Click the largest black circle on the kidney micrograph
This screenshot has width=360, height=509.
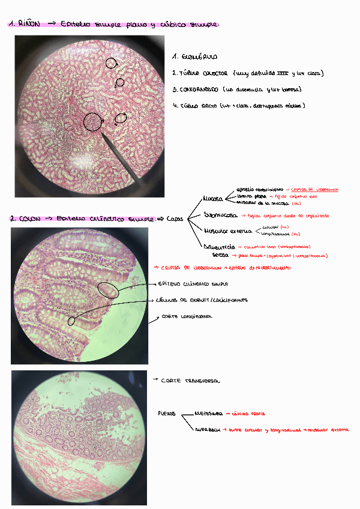pyautogui.click(x=93, y=122)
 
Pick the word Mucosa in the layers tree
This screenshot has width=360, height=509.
pyautogui.click(x=213, y=198)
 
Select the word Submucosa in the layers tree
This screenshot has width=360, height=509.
pyautogui.click(x=220, y=215)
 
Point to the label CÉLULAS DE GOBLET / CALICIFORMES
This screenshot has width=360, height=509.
pyautogui.click(x=202, y=300)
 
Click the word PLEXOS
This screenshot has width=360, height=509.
pyautogui.click(x=167, y=414)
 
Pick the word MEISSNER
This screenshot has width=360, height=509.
pyautogui.click(x=209, y=414)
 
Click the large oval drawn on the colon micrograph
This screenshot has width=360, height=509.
pyautogui.click(x=109, y=291)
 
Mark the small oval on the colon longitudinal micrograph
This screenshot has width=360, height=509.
pyautogui.click(x=71, y=321)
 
